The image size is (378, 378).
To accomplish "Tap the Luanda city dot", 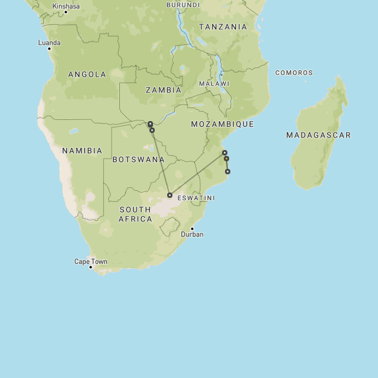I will click(x=50, y=49).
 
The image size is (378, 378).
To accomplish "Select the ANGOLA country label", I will click(x=87, y=74).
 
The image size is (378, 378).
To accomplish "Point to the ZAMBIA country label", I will click(x=164, y=90).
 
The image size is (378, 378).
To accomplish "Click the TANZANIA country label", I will click(x=223, y=27).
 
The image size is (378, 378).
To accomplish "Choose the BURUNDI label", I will click(x=183, y=5).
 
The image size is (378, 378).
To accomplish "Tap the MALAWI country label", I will click(x=214, y=84).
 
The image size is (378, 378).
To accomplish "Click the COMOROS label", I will click(x=294, y=73).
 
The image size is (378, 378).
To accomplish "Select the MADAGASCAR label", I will click(x=318, y=135).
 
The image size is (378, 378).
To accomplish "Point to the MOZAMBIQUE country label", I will click(x=223, y=124).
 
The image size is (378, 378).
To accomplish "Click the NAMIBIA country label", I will click(x=82, y=151).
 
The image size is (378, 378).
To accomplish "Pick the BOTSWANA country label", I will click(x=139, y=159).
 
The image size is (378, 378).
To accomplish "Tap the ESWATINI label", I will click(x=196, y=198).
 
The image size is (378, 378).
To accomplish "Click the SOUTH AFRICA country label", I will click(x=135, y=214).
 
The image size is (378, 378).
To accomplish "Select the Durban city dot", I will click(x=192, y=229).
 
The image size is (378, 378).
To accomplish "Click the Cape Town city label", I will click(x=90, y=261).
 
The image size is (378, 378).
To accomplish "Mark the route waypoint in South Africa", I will click(x=170, y=195).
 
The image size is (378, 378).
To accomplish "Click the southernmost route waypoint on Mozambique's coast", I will click(x=227, y=172).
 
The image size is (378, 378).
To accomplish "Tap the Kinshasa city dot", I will click(x=66, y=12).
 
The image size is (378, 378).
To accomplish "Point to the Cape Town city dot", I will click(x=90, y=267).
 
